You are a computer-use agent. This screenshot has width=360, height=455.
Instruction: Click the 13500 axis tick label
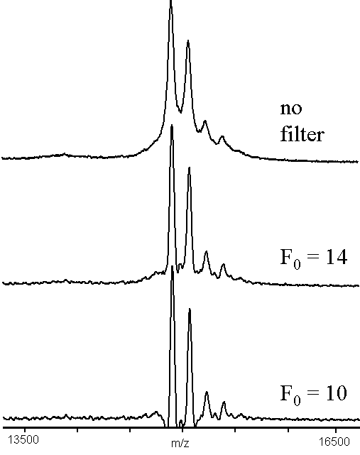click(x=23, y=440)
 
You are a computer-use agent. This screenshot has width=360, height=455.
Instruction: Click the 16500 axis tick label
click(x=334, y=442)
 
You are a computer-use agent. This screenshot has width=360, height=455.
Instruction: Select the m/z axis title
click(x=180, y=444)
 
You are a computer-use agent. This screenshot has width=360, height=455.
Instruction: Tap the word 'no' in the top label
click(x=291, y=109)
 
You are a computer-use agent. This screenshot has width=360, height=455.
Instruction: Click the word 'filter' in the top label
click(x=302, y=134)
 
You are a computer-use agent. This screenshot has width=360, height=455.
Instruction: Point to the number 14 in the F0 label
click(x=336, y=257)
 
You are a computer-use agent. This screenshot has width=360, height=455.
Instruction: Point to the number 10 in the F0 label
click(x=336, y=393)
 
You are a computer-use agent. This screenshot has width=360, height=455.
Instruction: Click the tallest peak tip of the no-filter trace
click(x=170, y=1)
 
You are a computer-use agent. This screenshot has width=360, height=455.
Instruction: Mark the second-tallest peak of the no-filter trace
click(x=188, y=41)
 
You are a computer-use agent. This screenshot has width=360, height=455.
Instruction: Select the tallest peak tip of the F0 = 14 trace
click(x=172, y=126)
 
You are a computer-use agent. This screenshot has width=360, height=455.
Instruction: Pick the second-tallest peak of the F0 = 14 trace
click(x=190, y=168)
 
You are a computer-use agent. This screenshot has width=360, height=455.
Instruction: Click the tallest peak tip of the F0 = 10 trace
click(x=172, y=266)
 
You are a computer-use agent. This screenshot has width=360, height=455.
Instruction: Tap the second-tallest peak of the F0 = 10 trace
click(x=190, y=309)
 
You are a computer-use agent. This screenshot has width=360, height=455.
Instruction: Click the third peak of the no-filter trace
click(x=205, y=121)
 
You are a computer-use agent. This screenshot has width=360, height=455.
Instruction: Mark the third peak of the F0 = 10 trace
click(x=207, y=393)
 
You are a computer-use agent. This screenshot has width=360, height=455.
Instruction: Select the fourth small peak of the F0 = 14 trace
click(x=223, y=264)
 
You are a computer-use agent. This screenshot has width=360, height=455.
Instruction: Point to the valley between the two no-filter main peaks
click(x=180, y=112)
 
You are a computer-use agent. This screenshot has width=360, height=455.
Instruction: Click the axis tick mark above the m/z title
click(x=182, y=429)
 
